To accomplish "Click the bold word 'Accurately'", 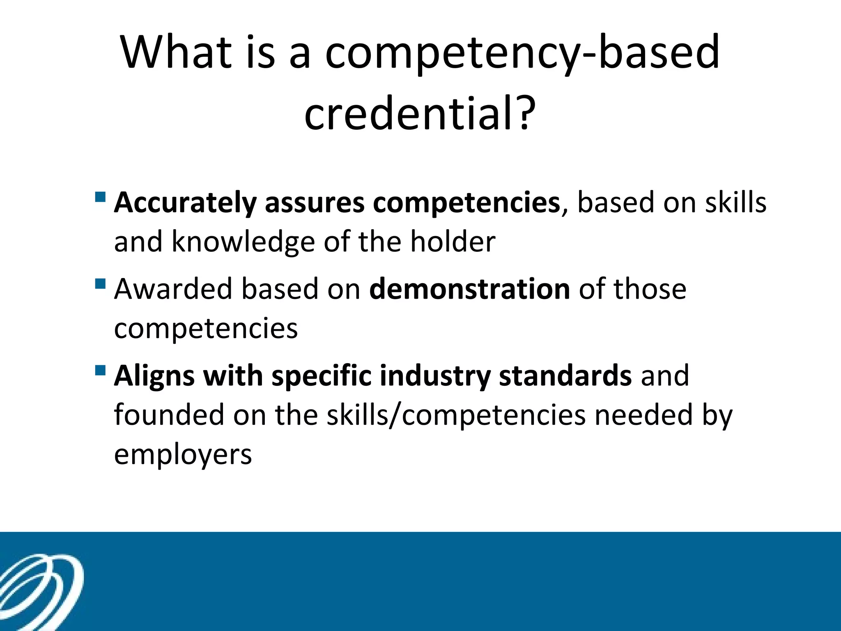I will pos(185,203).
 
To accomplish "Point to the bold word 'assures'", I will pos(315,203).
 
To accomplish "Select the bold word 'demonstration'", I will pos(469,289).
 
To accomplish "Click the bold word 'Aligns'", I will pos(154,376).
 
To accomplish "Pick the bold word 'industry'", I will pos(435,376).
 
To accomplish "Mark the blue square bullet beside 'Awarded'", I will pos(100,283).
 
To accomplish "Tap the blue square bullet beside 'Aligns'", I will pos(100,371).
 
